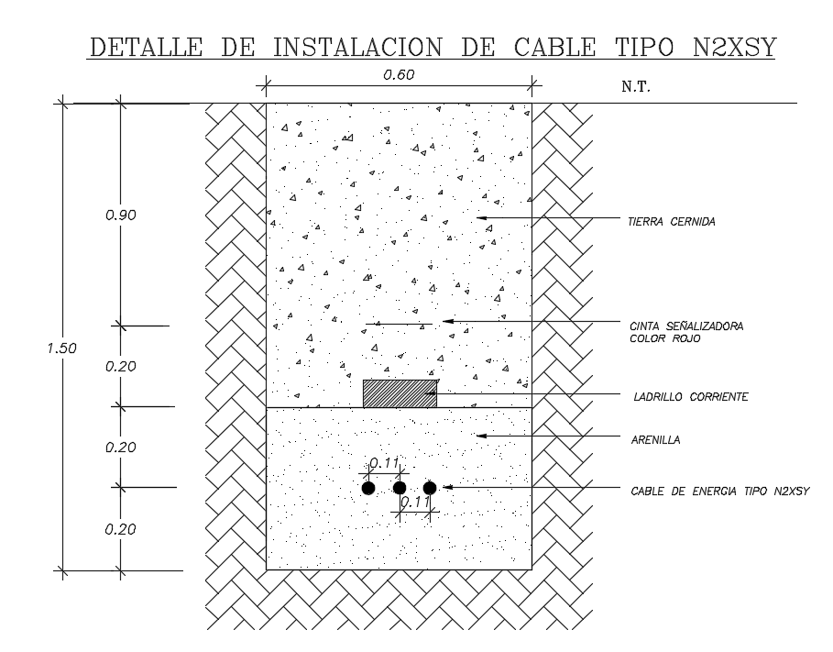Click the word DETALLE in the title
click(146, 47)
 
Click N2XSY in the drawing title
click(735, 47)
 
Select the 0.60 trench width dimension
click(399, 75)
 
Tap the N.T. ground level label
click(636, 87)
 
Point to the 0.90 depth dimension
click(121, 215)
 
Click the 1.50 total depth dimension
click(61, 348)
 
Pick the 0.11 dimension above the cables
click(384, 463)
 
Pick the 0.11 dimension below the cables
click(415, 502)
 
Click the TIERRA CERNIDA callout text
click(672, 222)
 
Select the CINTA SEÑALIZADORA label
click(686, 326)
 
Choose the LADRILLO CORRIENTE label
click(691, 397)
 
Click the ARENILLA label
click(655, 440)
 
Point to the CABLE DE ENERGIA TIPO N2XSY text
click(720, 492)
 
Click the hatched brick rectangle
click(400, 393)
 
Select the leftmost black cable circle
click(368, 488)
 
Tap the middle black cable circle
click(400, 488)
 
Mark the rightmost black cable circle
click(430, 488)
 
